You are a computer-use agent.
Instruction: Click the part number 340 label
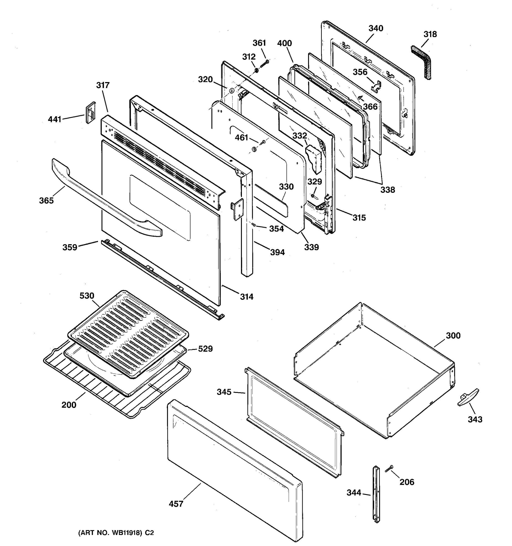click(375, 28)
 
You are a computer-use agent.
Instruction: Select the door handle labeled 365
click(104, 200)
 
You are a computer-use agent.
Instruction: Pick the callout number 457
click(176, 504)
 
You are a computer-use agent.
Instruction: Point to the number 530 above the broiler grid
click(87, 296)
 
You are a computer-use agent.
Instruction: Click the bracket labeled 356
click(376, 86)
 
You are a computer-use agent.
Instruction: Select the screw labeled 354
click(253, 225)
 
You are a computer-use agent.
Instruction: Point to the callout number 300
click(453, 336)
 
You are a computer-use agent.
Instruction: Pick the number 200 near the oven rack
click(69, 405)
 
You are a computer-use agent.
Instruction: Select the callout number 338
click(388, 190)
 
